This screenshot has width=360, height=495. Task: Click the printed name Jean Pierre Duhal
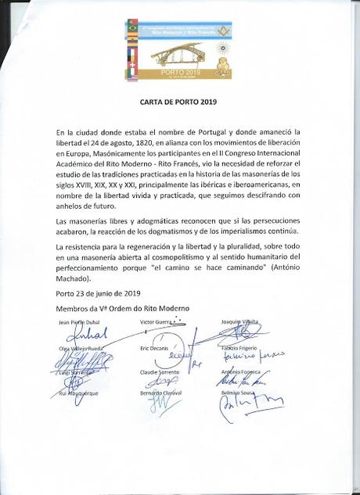tap(69, 322)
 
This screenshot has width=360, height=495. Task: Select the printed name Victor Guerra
tap(158, 321)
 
